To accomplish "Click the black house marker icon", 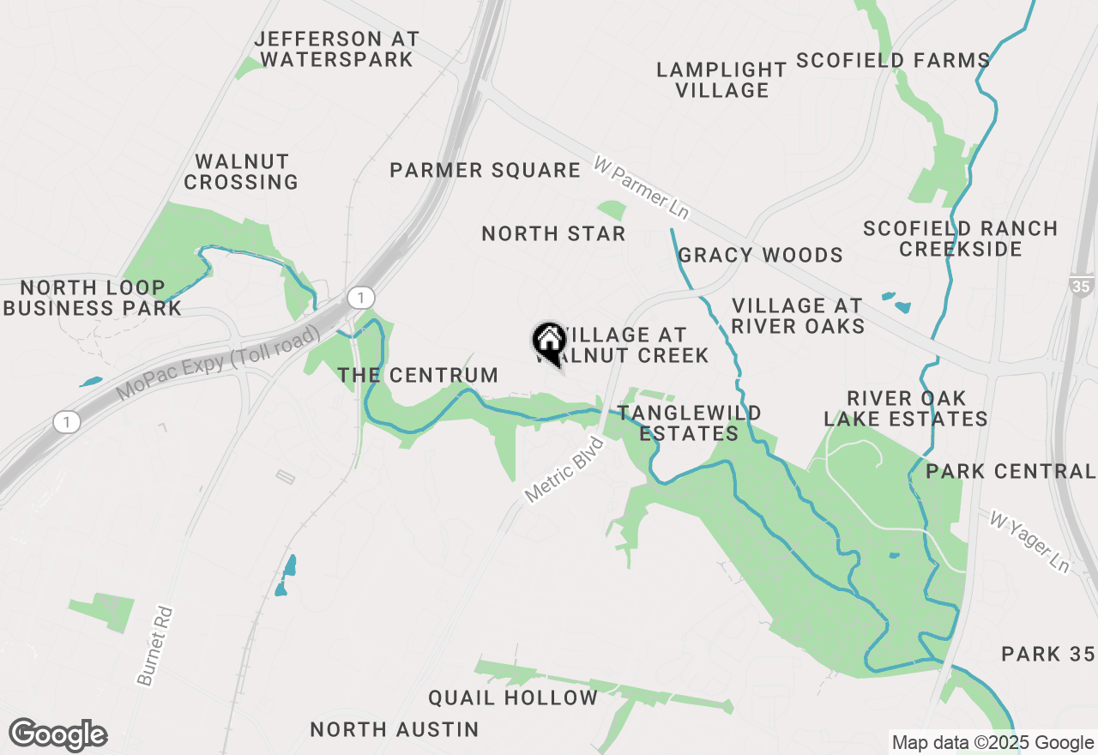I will (549, 341).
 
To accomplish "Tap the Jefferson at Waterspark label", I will (337, 49).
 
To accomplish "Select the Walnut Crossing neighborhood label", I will (241, 172).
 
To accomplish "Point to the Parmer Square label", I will (486, 170).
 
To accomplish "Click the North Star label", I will (553, 233).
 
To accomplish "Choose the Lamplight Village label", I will (721, 79).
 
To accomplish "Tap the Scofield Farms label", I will (893, 60).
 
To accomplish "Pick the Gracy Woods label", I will (760, 255).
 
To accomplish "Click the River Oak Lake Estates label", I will (906, 408).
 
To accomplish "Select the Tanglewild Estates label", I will (689, 423).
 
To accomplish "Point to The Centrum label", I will (418, 375).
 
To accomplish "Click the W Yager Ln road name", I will (1029, 542).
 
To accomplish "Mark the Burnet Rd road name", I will (156, 645).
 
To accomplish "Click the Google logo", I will (58, 734).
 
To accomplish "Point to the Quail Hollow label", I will (513, 698).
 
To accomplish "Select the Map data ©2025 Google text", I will (992, 743).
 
